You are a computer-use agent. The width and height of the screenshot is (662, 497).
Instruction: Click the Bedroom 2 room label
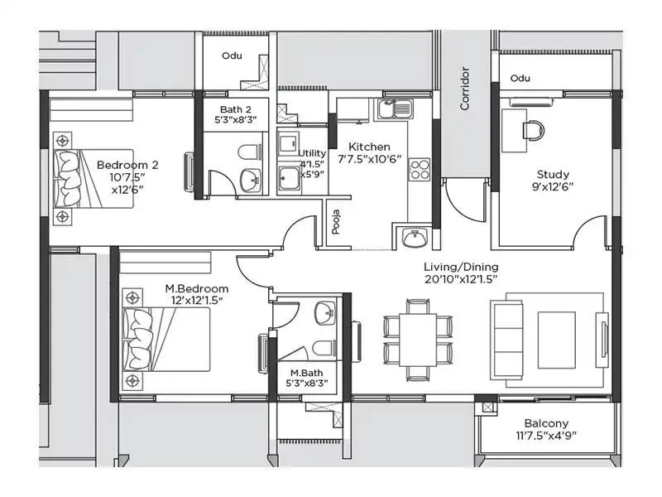point(127,164)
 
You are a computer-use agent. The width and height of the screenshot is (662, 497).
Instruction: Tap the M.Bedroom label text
point(197,288)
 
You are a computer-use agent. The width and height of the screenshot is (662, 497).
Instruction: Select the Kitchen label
point(369,147)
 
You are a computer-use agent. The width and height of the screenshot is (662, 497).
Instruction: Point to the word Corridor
point(465,89)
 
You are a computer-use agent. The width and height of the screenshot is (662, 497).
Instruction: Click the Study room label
point(553,175)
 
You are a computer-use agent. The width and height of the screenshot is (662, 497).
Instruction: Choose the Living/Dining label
point(461,267)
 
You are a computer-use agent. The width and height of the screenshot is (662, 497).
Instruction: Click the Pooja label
point(336,224)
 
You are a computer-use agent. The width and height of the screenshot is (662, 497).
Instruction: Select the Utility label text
point(312,153)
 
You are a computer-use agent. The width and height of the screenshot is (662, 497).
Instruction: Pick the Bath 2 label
point(235,109)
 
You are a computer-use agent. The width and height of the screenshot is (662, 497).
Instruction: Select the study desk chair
point(534,128)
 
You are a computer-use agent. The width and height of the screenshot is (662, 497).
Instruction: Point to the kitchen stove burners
point(420,169)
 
